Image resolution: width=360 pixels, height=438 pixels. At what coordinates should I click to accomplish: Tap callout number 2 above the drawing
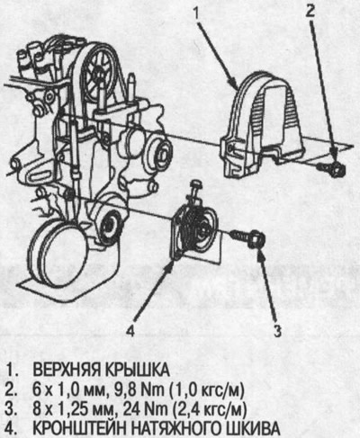[310, 11]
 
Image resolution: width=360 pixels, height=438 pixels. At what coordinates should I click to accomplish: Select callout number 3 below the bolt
[277, 331]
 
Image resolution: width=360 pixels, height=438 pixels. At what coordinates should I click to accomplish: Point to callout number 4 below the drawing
[130, 332]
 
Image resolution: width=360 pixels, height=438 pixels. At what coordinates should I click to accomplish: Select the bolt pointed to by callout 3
[249, 238]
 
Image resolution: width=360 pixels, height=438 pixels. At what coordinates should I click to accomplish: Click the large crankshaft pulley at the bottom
[57, 253]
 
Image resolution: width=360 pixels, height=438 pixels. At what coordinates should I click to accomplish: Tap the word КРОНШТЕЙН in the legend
[80, 429]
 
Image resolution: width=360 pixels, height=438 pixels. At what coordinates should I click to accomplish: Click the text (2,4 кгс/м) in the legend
[209, 410]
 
